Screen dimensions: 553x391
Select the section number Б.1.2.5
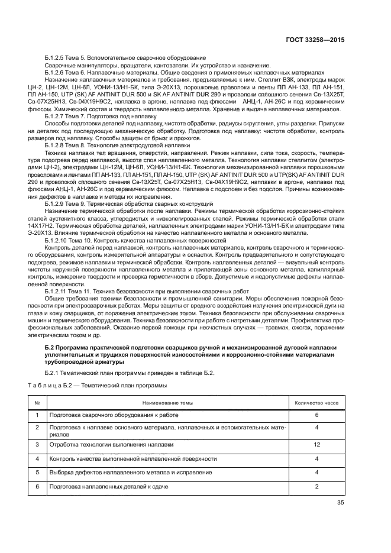56,57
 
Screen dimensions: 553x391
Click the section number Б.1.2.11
58,292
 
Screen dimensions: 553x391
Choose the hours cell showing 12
316,444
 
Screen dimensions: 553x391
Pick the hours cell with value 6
316,415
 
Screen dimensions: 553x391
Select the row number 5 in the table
37,472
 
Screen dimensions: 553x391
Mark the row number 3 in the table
37,444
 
